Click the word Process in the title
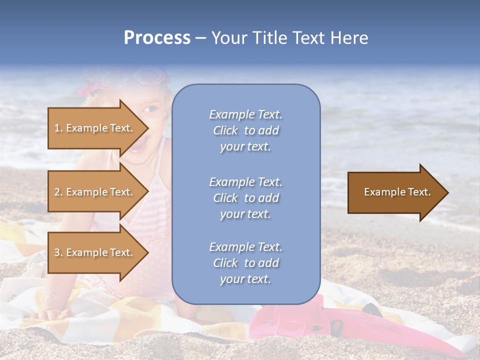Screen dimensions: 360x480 [157, 38]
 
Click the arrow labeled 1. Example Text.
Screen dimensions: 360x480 [95, 128]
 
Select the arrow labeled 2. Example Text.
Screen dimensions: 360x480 [95, 192]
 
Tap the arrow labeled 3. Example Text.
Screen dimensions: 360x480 [95, 252]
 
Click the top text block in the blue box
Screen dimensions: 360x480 [245, 130]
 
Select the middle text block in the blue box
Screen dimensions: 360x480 [245, 198]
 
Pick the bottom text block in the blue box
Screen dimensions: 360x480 [245, 263]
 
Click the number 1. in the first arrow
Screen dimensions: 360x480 [58, 128]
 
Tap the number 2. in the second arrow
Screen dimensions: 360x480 [58, 192]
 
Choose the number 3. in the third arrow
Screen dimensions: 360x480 [58, 253]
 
